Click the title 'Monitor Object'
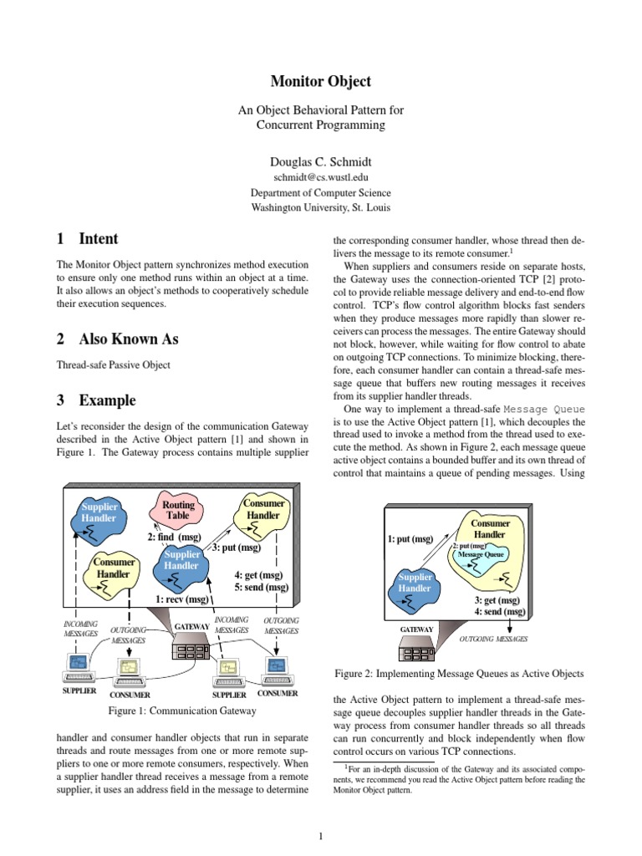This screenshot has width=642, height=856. click(x=321, y=82)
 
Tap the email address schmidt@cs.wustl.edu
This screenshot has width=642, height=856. click(x=321, y=177)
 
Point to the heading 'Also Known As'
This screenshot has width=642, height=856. click(x=128, y=339)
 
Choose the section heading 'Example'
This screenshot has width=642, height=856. click(x=107, y=400)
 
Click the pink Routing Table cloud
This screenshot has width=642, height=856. click(x=177, y=511)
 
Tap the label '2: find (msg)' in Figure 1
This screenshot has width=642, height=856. click(x=174, y=537)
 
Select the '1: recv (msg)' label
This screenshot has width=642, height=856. click(x=182, y=599)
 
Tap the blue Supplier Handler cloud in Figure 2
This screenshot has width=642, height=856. click(x=415, y=583)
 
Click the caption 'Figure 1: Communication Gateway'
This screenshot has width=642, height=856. click(x=182, y=711)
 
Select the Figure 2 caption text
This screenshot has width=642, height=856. click(x=459, y=673)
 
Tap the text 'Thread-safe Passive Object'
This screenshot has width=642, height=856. click(x=113, y=364)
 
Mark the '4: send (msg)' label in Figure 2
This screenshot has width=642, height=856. click(x=500, y=612)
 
